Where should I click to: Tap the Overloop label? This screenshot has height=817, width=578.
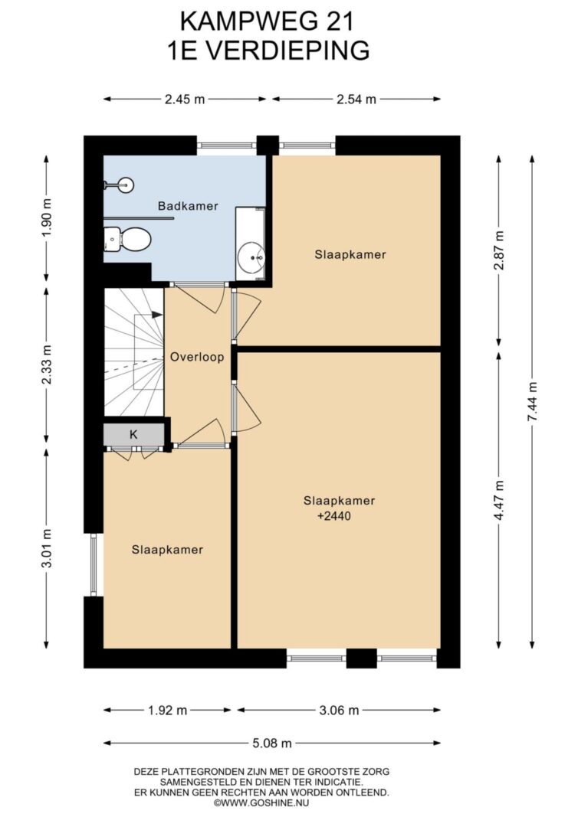tap(197, 358)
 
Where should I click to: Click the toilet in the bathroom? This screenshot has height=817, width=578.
tap(127, 239)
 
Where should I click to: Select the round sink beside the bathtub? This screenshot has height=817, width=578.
tap(252, 257)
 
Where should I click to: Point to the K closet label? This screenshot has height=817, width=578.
tap(133, 435)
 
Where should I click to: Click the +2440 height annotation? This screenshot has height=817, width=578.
tap(334, 516)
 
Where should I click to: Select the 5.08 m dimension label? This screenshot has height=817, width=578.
tap(272, 743)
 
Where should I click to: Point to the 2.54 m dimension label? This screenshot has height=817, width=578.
tap(356, 99)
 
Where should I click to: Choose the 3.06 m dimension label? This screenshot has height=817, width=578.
tap(339, 710)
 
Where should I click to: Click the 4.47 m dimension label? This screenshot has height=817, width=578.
tap(500, 500)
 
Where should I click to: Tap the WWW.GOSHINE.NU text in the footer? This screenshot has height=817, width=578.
tap(265, 803)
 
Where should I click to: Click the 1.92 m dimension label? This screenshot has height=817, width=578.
tap(167, 710)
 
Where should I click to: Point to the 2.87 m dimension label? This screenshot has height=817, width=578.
tap(500, 250)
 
